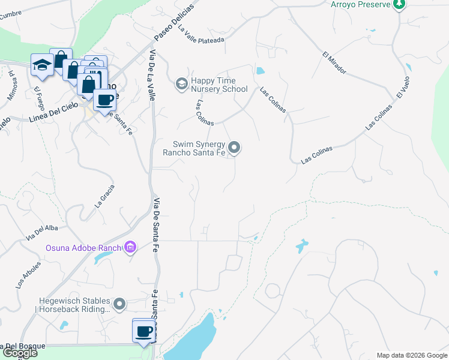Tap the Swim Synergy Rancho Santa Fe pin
pos(235,147)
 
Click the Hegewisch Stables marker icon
pos(120,304)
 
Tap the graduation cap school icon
pos(42,65)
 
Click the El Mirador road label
pos(334,62)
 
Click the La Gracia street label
pos(104,196)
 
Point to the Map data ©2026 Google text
pos(411,355)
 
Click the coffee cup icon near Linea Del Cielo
pos(104,99)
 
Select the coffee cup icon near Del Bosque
pos(144,331)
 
